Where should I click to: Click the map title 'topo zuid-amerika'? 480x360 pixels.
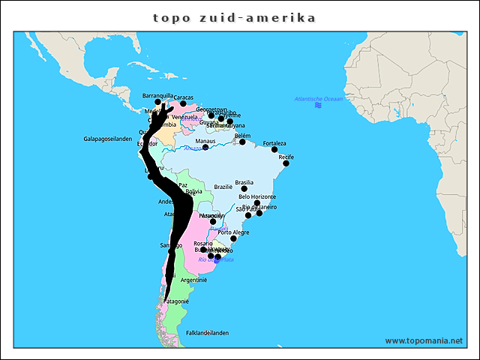(234, 17)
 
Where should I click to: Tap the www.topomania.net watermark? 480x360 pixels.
(424, 340)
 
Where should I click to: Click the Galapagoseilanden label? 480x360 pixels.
(107, 139)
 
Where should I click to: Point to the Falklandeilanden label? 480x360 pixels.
(207, 332)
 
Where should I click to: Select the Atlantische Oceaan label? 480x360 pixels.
(318, 99)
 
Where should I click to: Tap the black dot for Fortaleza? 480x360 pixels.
(274, 150)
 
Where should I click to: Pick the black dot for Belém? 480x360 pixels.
(242, 142)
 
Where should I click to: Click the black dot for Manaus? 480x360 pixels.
(205, 147)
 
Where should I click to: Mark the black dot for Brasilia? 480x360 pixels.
(244, 188)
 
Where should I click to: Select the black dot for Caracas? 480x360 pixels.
(183, 103)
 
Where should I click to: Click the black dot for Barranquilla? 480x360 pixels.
(157, 101)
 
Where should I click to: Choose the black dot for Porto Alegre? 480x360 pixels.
(233, 238)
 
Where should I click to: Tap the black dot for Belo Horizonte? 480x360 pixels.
(257, 203)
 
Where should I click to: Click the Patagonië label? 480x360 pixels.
(175, 301)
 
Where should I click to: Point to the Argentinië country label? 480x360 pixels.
(193, 280)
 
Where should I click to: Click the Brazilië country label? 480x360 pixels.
(223, 187)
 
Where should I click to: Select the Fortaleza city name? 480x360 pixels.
(274, 143)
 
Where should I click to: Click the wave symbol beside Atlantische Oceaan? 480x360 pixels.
(318, 106)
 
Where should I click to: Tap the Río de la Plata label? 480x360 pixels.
(216, 259)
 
